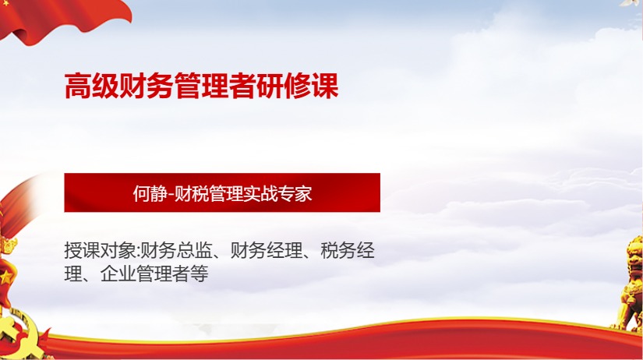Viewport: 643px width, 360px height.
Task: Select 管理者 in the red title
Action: pos(216,86)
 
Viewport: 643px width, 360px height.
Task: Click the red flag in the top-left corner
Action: pos(47,19)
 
